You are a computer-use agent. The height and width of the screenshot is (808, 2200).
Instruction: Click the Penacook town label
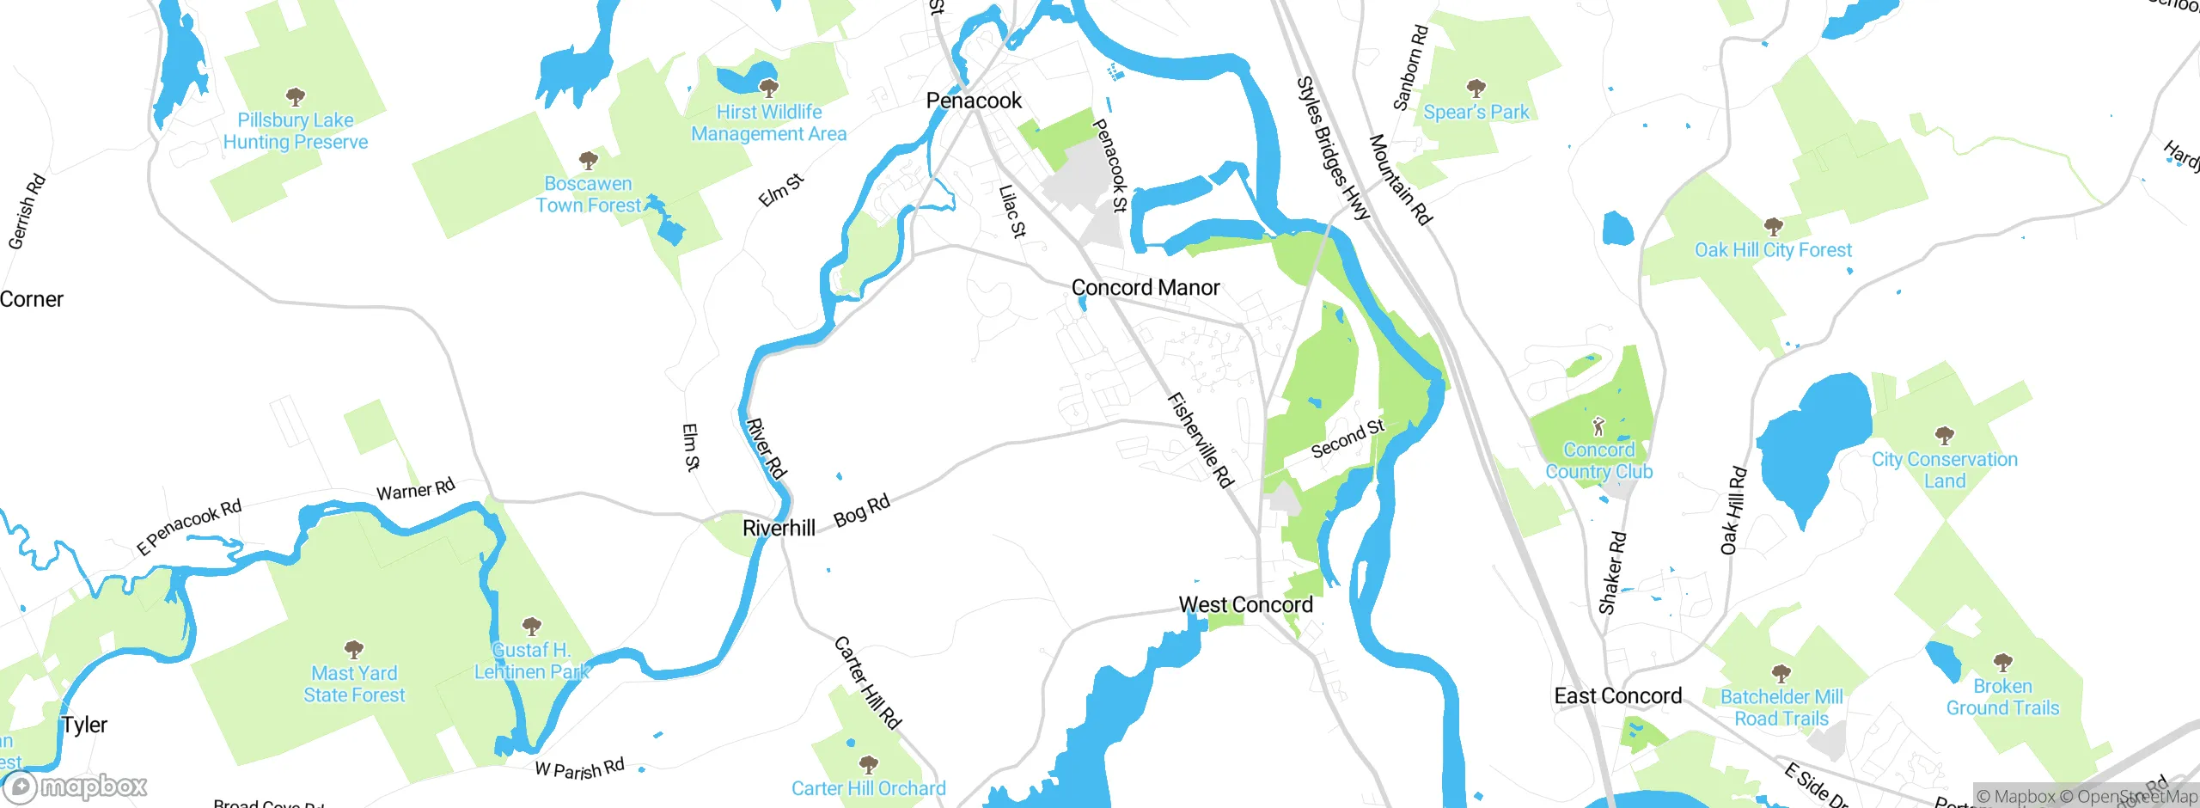[x=974, y=101]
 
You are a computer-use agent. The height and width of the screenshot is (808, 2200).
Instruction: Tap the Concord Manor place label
[x=1145, y=287]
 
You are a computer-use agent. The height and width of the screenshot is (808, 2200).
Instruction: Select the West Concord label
[x=1245, y=605]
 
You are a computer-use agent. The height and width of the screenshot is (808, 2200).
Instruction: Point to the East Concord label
[x=1617, y=695]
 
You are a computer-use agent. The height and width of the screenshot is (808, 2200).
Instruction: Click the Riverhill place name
[x=779, y=528]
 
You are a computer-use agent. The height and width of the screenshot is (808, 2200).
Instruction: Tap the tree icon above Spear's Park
[x=1476, y=88]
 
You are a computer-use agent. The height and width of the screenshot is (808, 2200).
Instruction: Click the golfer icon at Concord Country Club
[x=1598, y=426]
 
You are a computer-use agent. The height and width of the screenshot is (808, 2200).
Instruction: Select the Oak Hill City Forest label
[x=1773, y=250]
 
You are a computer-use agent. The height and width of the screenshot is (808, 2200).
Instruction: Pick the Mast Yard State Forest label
[x=354, y=684]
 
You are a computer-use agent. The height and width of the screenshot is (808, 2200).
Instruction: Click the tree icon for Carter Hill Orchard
[x=868, y=764]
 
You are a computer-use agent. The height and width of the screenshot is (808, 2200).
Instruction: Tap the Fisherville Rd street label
[x=1200, y=440]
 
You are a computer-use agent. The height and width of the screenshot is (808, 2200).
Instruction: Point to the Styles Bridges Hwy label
[x=1332, y=148]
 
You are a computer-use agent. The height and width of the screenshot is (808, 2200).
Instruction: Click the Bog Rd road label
[x=862, y=511]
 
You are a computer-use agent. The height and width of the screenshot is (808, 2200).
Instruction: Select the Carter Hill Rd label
[x=867, y=683]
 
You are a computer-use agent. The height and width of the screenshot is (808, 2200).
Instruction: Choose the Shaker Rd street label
[x=1612, y=572]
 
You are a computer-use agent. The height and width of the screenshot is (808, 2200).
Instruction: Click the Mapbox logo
[x=76, y=787]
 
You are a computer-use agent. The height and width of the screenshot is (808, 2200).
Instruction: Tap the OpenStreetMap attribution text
[x=2136, y=797]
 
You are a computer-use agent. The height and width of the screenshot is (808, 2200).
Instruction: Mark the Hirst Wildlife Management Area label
[x=768, y=123]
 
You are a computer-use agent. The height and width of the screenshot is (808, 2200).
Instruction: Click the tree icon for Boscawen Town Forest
[x=588, y=160]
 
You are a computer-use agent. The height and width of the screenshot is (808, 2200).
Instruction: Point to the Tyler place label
[x=84, y=725]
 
